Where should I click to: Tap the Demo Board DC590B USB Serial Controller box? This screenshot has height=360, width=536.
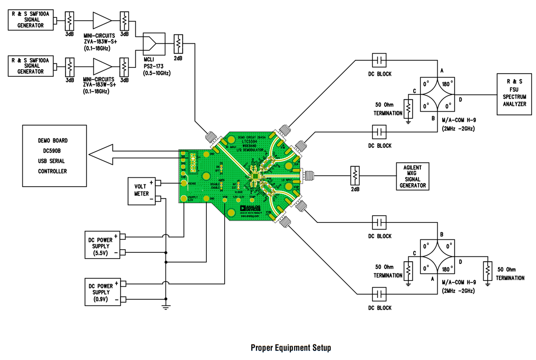click(54, 155)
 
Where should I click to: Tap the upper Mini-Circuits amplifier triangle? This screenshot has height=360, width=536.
click(101, 20)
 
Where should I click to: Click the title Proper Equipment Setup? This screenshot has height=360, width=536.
click(291, 347)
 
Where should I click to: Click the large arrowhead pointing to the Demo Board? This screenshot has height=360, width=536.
click(99, 155)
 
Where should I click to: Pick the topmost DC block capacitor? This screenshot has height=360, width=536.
click(380, 60)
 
